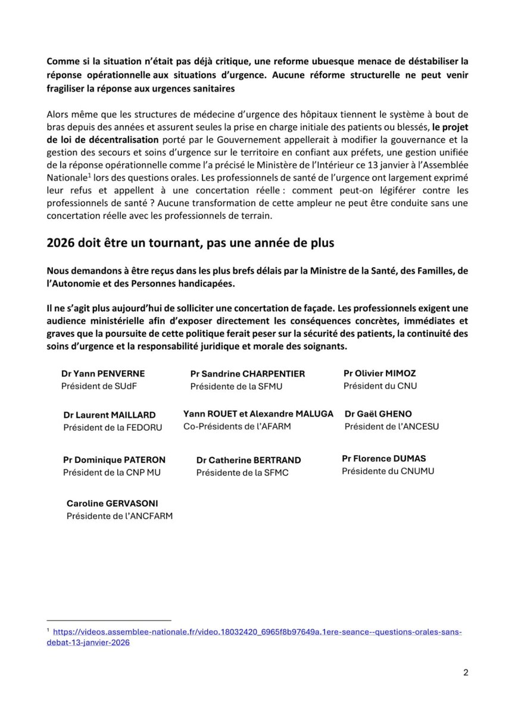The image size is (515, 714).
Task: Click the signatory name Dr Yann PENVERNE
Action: pos(103,374)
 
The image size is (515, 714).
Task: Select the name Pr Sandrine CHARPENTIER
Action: pos(248,374)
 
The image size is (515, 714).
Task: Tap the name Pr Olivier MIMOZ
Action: pos(380,373)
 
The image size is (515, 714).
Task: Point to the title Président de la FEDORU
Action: pos(113,427)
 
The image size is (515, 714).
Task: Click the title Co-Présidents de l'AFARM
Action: pos(237,427)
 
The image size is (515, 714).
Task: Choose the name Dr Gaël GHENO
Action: pos(378,414)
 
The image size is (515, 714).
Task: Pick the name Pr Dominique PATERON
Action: pos(114,460)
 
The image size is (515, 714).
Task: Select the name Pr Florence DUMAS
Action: pos(383,459)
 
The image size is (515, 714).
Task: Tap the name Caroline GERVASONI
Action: pos(113,503)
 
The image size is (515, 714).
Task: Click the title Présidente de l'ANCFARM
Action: pos(120,516)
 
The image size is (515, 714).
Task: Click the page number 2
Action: pos(466,673)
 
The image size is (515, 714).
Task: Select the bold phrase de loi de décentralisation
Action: pos(103,139)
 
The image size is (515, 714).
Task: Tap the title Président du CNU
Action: pos(380,386)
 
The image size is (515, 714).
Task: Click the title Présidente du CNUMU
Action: pos(388,471)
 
